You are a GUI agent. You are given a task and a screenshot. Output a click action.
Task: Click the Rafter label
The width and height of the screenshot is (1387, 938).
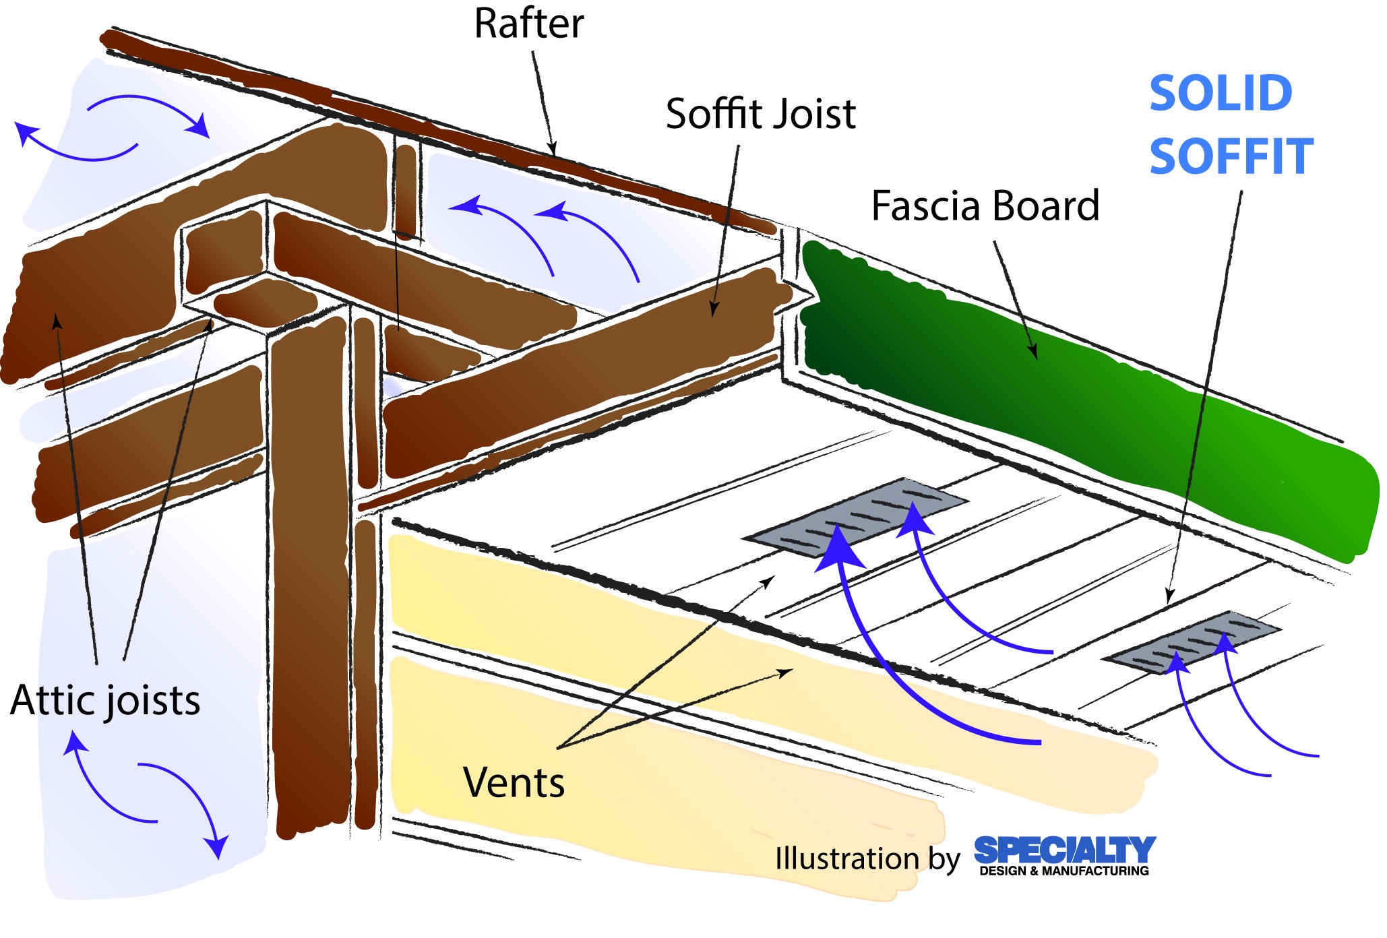click(528, 24)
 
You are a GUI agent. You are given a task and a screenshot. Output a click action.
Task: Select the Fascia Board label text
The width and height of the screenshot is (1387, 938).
click(985, 206)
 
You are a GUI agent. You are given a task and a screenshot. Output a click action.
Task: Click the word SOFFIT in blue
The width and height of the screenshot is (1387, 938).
click(1231, 156)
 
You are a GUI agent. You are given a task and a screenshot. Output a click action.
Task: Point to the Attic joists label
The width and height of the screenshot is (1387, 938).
click(105, 701)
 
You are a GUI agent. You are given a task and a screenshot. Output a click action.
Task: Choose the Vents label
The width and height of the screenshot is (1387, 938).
click(514, 783)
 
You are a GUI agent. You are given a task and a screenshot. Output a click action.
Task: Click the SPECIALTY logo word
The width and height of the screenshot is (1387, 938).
click(1065, 850)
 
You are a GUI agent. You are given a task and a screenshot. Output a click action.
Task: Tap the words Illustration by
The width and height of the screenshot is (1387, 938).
click(867, 859)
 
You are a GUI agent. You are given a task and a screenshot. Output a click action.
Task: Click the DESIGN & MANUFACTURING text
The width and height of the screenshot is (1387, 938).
click(1064, 871)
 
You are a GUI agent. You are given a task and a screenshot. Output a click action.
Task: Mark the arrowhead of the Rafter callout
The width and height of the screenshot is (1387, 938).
click(553, 150)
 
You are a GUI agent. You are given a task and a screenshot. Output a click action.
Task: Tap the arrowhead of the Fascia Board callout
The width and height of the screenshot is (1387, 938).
click(1033, 352)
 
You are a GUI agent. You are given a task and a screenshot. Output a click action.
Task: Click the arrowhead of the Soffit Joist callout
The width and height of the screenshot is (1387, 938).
click(714, 311)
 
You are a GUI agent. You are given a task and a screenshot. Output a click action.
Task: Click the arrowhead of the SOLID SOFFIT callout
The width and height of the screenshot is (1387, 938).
click(1169, 597)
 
